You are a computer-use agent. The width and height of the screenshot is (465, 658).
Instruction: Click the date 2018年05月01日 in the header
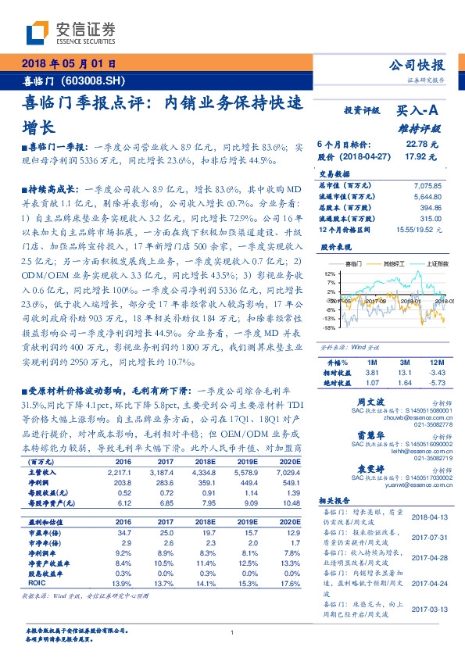pyautogui.click(x=70, y=64)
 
